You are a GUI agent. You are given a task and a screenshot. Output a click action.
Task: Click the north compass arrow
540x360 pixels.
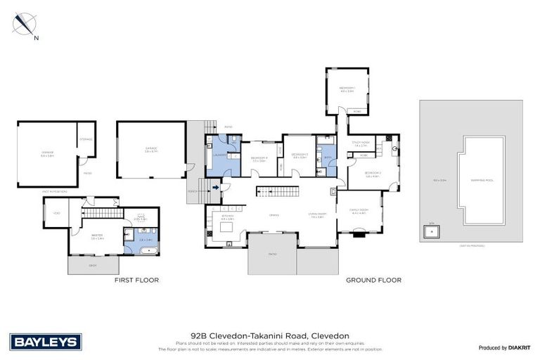(x=25, y=25)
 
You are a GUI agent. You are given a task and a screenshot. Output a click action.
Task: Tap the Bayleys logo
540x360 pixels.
(x=46, y=342)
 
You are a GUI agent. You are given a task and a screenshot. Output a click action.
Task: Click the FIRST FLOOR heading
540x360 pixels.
(x=136, y=280)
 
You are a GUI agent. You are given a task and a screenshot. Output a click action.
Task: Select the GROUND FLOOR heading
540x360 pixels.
(x=373, y=280)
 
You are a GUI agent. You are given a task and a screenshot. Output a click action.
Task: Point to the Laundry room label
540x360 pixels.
(x=219, y=153)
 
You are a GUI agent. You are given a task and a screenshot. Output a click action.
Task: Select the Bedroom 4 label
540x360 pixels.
(x=259, y=158)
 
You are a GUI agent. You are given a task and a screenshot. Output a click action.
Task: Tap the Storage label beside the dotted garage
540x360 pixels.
(x=86, y=139)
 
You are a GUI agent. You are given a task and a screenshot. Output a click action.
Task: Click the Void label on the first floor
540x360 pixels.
(x=56, y=212)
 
